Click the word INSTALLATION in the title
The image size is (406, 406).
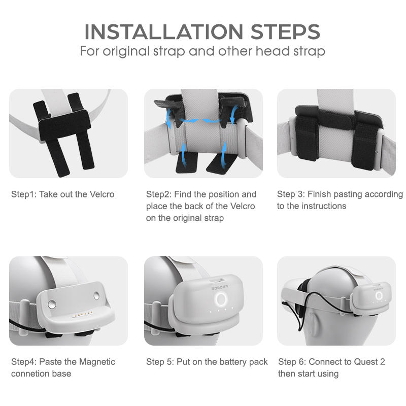click(x=164, y=32)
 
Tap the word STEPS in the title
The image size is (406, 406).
click(x=285, y=32)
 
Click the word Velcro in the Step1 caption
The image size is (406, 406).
click(x=102, y=194)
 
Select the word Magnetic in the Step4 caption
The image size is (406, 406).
click(x=97, y=362)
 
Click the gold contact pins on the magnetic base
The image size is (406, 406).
click(x=82, y=315)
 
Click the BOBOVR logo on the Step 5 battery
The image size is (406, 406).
click(x=220, y=287)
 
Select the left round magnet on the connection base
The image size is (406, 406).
click(x=52, y=304)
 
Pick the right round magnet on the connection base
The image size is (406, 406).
click(x=96, y=296)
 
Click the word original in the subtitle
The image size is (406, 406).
click(x=126, y=51)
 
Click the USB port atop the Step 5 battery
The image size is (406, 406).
click(x=218, y=281)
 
